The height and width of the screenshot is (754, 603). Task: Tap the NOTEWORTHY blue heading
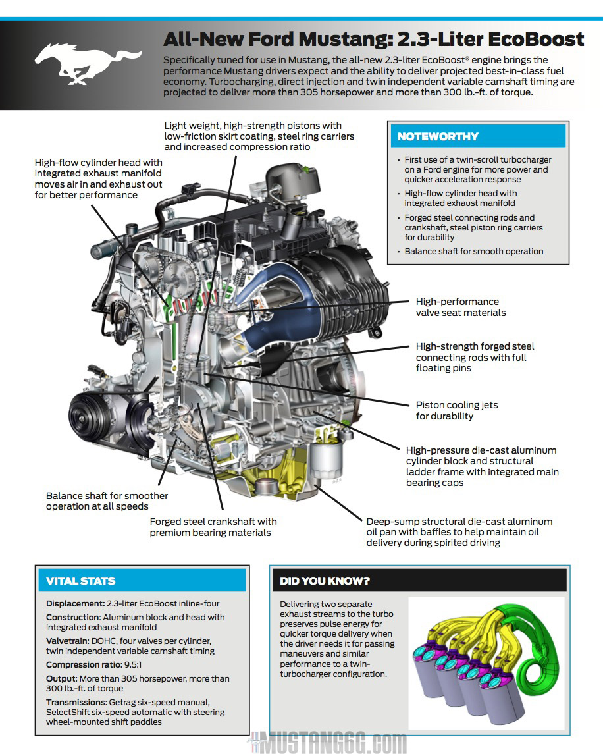tap(438, 137)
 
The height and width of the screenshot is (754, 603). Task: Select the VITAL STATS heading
tap(80, 581)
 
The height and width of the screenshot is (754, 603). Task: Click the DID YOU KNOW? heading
tap(325, 581)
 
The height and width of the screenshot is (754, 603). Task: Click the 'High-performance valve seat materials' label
tap(460, 307)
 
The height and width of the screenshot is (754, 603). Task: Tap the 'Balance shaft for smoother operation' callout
tap(107, 500)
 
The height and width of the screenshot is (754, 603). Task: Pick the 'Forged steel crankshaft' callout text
tap(213, 527)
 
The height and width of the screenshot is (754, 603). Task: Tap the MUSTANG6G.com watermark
tap(329, 743)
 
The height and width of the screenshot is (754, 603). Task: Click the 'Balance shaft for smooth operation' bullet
tap(474, 251)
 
